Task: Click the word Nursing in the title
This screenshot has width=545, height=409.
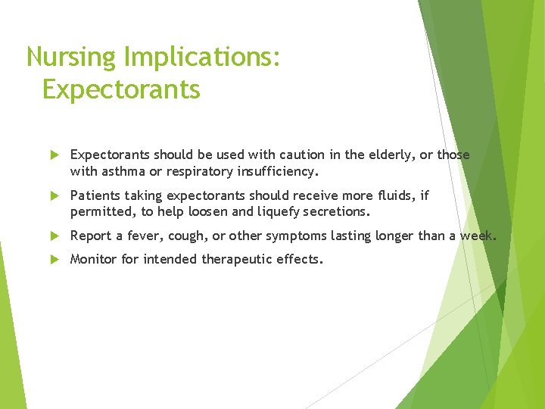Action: (x=70, y=58)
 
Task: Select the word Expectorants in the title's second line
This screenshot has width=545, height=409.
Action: (x=121, y=89)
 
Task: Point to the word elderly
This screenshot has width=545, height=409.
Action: (x=390, y=155)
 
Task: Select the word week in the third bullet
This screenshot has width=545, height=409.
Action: (x=477, y=236)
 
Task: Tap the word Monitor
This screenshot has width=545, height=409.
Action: (x=94, y=260)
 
